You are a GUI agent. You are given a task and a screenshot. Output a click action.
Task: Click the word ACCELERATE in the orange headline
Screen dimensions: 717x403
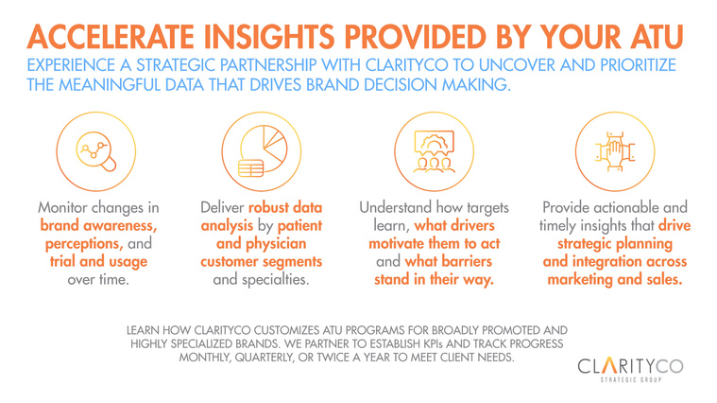(111, 37)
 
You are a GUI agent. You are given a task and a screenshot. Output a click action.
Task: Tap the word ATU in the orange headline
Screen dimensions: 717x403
(657, 37)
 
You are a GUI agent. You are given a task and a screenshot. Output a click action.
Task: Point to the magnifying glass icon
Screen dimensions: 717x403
(96, 151)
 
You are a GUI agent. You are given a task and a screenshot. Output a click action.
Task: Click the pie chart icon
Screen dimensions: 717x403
(263, 151)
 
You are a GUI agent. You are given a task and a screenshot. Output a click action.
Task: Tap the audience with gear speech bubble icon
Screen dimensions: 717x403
(434, 151)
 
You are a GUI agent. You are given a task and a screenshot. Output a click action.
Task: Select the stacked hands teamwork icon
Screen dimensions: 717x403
(615, 151)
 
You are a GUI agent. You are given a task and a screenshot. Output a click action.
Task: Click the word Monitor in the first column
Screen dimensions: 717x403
(63, 207)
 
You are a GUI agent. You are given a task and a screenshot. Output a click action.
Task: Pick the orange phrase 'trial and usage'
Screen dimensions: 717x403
(98, 261)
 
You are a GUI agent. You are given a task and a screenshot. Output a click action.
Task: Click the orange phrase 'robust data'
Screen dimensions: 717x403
(285, 207)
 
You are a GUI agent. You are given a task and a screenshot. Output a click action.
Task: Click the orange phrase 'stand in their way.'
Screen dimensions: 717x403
(434, 279)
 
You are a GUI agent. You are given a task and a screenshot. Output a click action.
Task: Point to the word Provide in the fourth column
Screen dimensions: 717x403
(566, 207)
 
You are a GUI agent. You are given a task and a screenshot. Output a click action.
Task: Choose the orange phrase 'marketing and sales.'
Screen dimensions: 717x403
(615, 279)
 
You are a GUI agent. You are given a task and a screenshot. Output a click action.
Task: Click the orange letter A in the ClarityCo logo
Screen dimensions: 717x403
(609, 365)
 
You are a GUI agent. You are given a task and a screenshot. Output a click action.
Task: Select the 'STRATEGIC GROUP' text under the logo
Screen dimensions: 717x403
(631, 379)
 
